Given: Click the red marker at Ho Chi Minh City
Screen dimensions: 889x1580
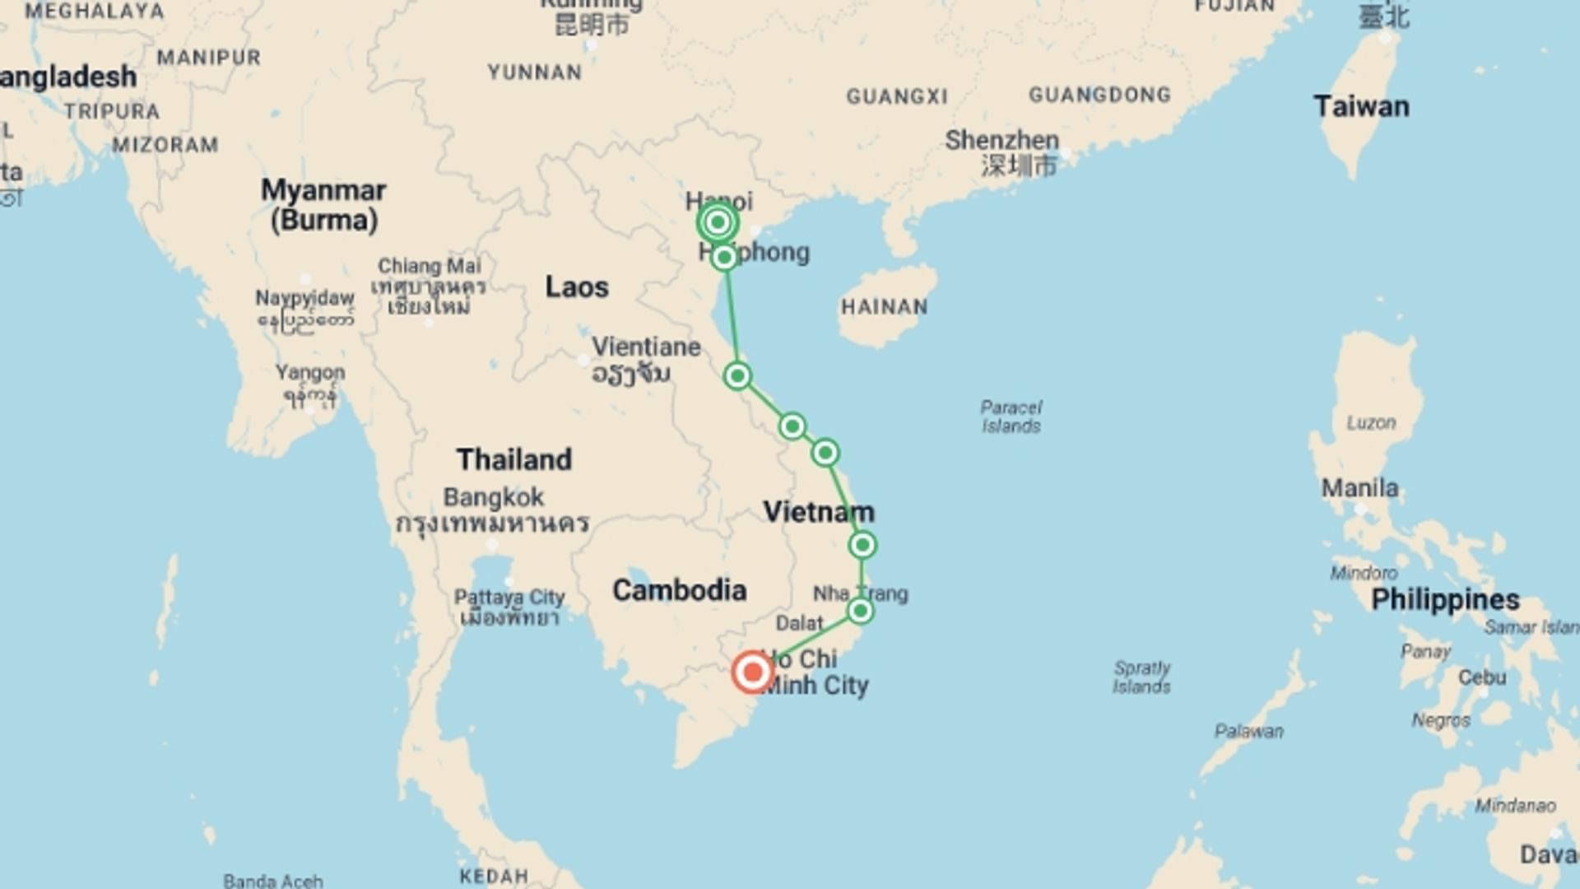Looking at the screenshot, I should pyautogui.click(x=752, y=673).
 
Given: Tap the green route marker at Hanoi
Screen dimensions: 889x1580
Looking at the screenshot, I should pyautogui.click(x=718, y=222).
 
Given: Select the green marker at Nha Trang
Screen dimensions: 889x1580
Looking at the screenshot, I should pyautogui.click(x=860, y=611).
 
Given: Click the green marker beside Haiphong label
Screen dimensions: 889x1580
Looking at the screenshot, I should pyautogui.click(x=724, y=258).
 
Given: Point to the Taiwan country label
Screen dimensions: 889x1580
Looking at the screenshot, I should pyautogui.click(x=1361, y=107).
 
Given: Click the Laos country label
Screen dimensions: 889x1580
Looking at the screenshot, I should pyautogui.click(x=577, y=287).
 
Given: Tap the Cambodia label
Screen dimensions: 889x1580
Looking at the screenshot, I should pyautogui.click(x=680, y=590).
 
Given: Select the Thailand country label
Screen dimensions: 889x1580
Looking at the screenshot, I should pyautogui.click(x=514, y=459).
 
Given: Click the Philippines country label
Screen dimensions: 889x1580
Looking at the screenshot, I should pyautogui.click(x=1445, y=600).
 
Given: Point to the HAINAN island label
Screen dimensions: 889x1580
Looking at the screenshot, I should pyautogui.click(x=885, y=307).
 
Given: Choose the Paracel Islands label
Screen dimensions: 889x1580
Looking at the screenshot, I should pyautogui.click(x=1011, y=417).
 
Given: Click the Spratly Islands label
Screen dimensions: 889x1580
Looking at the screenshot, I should pyautogui.click(x=1141, y=677).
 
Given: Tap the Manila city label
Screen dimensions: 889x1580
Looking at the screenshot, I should pyautogui.click(x=1359, y=488).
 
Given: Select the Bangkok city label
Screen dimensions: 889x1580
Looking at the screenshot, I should pyautogui.click(x=494, y=497).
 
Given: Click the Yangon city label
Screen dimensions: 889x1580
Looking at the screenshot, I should pyautogui.click(x=310, y=372).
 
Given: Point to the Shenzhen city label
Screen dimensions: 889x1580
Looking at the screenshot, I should pyautogui.click(x=1001, y=141).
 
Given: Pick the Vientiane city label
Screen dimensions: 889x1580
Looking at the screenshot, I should pyautogui.click(x=646, y=347).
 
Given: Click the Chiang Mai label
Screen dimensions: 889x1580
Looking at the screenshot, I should pyautogui.click(x=429, y=266).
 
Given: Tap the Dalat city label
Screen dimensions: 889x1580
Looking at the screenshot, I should pyautogui.click(x=799, y=623).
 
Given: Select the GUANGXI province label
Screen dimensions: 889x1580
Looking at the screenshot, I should pyautogui.click(x=897, y=97).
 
